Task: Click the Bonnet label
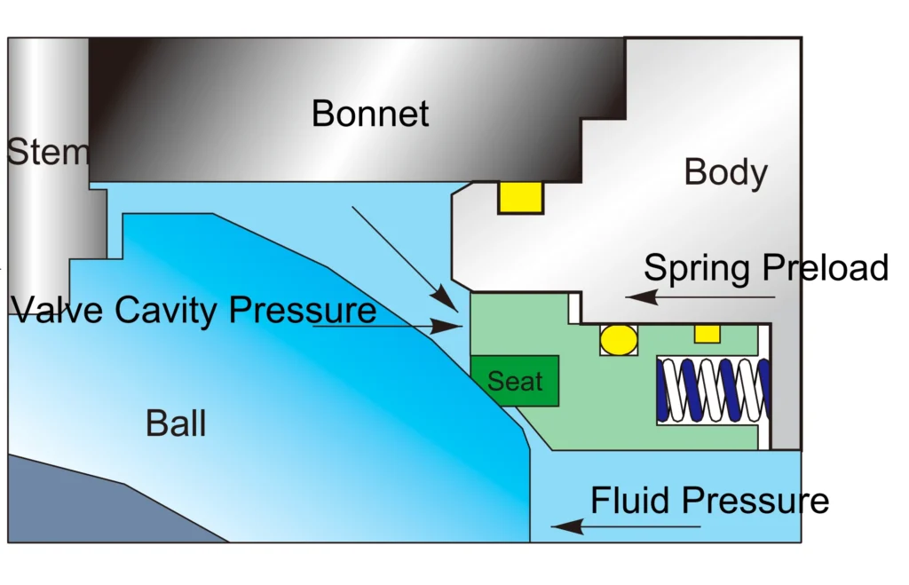point(370,114)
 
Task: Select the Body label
point(725,172)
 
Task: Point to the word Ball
point(176,423)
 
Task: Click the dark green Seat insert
point(515,381)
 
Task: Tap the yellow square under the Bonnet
point(520,197)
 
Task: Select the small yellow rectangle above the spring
point(707,334)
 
